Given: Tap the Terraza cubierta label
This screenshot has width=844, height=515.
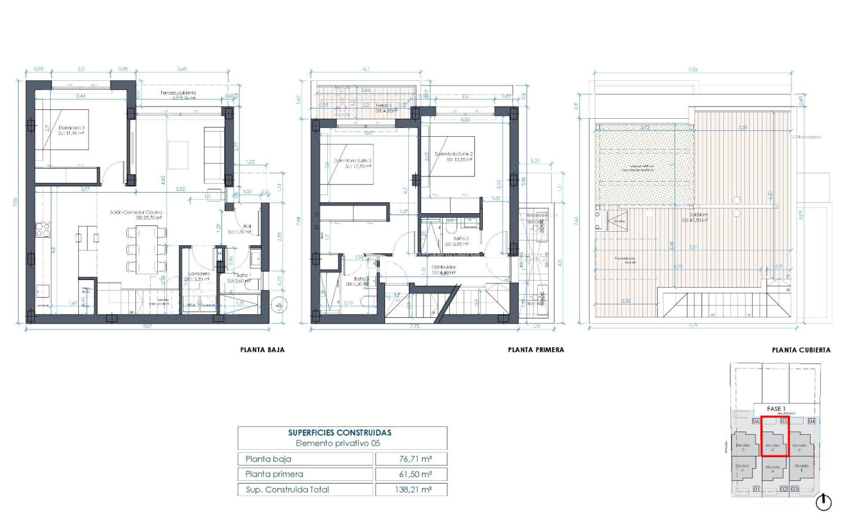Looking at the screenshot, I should [x=178, y=93].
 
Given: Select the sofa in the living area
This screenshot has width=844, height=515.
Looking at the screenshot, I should [x=213, y=154].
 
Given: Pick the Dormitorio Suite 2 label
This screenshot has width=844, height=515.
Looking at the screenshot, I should [x=453, y=155].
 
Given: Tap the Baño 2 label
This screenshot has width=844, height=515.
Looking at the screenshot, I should [x=458, y=239].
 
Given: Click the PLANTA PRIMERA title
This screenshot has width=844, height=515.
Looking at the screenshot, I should [x=536, y=350].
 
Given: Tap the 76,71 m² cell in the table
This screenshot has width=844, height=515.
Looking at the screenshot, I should [x=411, y=459].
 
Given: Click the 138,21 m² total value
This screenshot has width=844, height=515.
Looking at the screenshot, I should [x=411, y=489].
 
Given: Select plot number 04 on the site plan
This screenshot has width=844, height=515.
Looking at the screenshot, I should [x=812, y=422].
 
